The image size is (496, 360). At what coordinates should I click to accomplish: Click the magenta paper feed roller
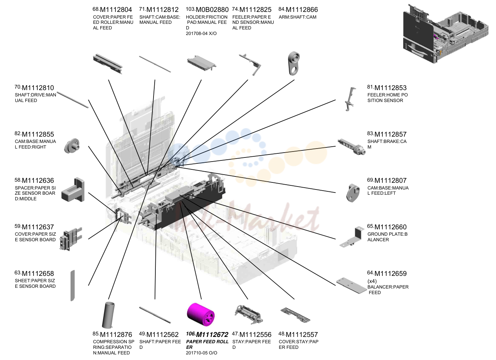(201, 314)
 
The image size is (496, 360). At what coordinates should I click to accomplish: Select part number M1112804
(116, 10)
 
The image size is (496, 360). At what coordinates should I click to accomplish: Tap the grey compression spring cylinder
(108, 315)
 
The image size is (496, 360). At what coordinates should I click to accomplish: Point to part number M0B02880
(212, 10)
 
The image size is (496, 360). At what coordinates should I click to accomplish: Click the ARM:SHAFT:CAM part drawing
(294, 64)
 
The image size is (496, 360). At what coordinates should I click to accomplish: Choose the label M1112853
(391, 88)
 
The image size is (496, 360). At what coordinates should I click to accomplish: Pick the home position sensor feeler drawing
(350, 99)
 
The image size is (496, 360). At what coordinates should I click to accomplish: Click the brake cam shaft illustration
(352, 147)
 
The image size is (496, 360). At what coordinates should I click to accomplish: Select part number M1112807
(391, 181)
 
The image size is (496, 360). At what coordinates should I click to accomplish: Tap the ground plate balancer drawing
(352, 237)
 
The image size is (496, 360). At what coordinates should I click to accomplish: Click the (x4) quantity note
(372, 281)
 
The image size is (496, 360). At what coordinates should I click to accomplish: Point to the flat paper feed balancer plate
(352, 286)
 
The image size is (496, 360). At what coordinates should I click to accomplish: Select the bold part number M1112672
(212, 335)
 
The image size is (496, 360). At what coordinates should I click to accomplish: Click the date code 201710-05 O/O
(201, 353)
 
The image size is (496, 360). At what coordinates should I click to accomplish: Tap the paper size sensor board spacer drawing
(73, 190)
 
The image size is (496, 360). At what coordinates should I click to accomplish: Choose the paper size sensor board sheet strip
(72, 286)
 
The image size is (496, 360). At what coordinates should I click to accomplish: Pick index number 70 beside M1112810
(18, 87)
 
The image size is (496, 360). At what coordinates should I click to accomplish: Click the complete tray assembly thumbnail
(446, 34)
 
